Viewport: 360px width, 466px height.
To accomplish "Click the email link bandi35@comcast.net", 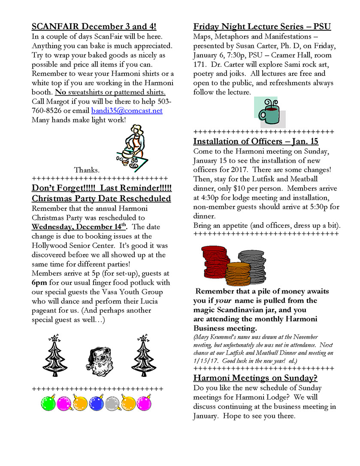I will [127, 110].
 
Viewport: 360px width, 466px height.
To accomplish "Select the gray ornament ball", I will [112, 403].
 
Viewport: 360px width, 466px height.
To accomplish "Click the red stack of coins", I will [215, 261].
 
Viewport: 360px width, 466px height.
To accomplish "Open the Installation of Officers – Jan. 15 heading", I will [256, 141].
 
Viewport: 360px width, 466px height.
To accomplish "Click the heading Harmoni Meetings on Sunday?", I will [255, 378].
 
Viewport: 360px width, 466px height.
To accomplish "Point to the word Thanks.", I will [87, 170].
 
